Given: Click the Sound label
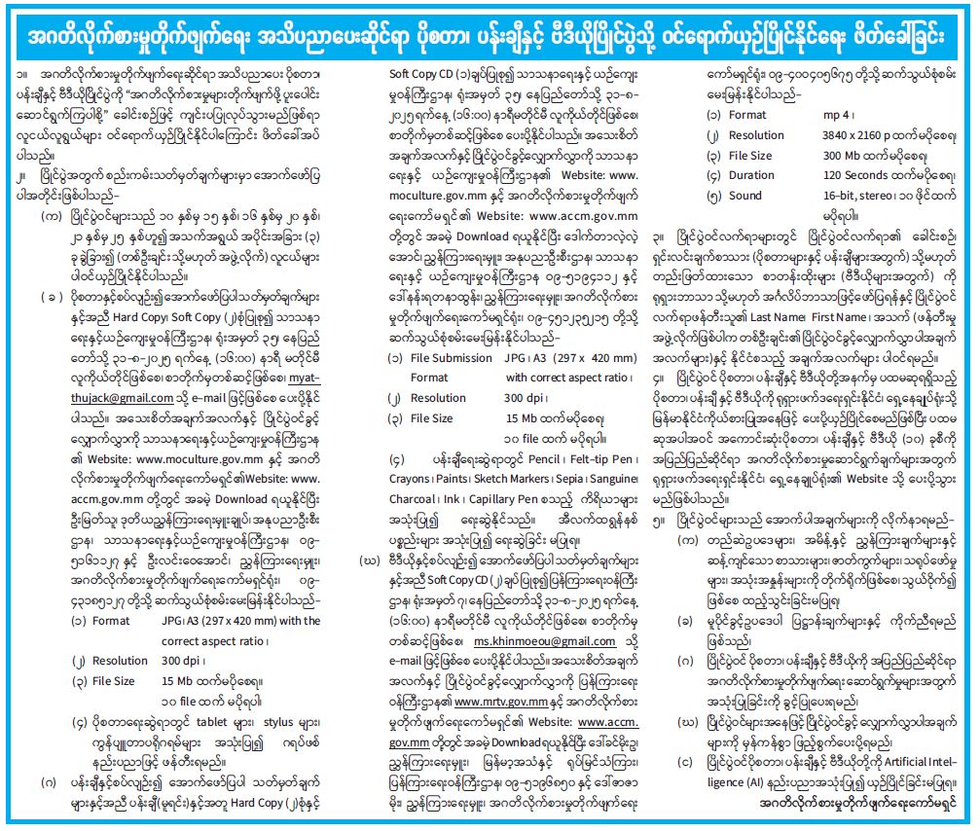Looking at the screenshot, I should (744, 195).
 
